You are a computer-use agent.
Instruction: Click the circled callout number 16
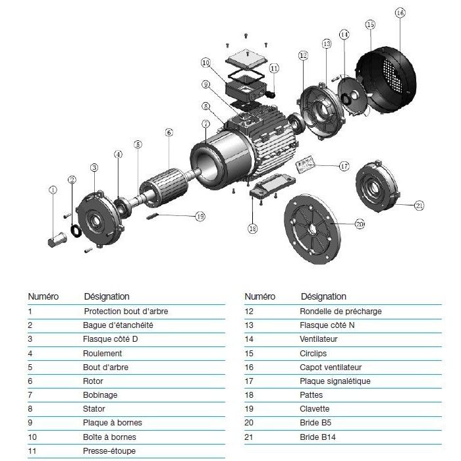[400, 13]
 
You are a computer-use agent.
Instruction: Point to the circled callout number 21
[420, 205]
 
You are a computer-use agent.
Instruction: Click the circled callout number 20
[360, 225]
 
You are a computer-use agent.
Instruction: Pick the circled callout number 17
[344, 166]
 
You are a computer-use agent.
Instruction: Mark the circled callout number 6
[169, 132]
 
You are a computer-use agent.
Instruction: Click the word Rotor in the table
[94, 381]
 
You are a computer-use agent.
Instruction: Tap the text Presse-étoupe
[106, 451]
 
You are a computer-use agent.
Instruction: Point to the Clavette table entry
[314, 408]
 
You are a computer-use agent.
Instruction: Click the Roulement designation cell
[102, 353]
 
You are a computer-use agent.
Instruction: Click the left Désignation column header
[107, 296]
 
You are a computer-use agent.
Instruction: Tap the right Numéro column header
[259, 296]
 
